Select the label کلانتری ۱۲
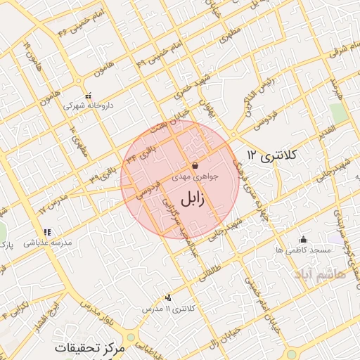[x=274, y=155]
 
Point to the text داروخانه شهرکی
[x=88, y=105]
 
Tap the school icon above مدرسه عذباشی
[x=47, y=231]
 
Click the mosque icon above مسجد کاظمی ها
[x=303, y=239]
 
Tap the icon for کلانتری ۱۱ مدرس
[x=167, y=298]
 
